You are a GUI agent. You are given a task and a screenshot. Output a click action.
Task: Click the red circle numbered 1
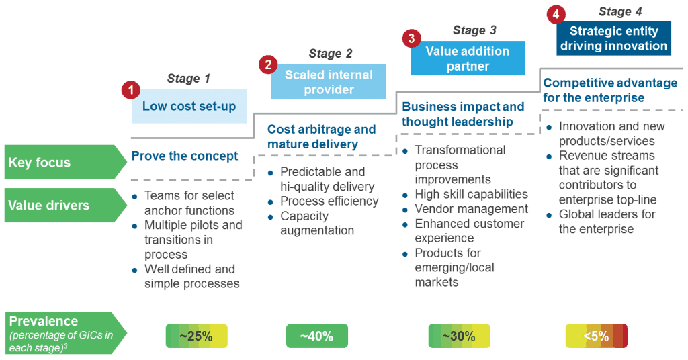tap(130, 89)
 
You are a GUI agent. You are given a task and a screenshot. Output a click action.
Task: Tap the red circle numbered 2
tap(268, 64)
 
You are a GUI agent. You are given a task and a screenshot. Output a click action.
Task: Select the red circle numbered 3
tap(411, 38)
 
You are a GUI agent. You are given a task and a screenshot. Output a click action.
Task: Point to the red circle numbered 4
tap(554, 14)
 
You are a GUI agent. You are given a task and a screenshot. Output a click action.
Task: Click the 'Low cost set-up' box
tap(189, 106)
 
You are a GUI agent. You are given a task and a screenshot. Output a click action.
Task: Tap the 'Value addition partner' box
tap(468, 58)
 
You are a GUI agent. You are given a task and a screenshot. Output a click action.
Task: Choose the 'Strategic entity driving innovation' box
tap(613, 38)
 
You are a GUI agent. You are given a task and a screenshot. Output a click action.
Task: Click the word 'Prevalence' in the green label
tap(44, 321)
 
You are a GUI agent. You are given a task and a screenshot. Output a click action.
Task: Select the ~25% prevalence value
tap(196, 336)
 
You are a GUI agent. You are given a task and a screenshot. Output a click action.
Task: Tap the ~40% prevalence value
tap(316, 336)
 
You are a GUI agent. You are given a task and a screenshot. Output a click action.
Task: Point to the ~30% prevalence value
tap(459, 336)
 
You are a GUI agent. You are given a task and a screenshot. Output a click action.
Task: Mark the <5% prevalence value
tap(596, 336)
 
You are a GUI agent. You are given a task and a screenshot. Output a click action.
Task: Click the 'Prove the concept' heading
tap(185, 156)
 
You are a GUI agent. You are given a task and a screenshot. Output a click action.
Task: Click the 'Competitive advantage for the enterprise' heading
tap(610, 90)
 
